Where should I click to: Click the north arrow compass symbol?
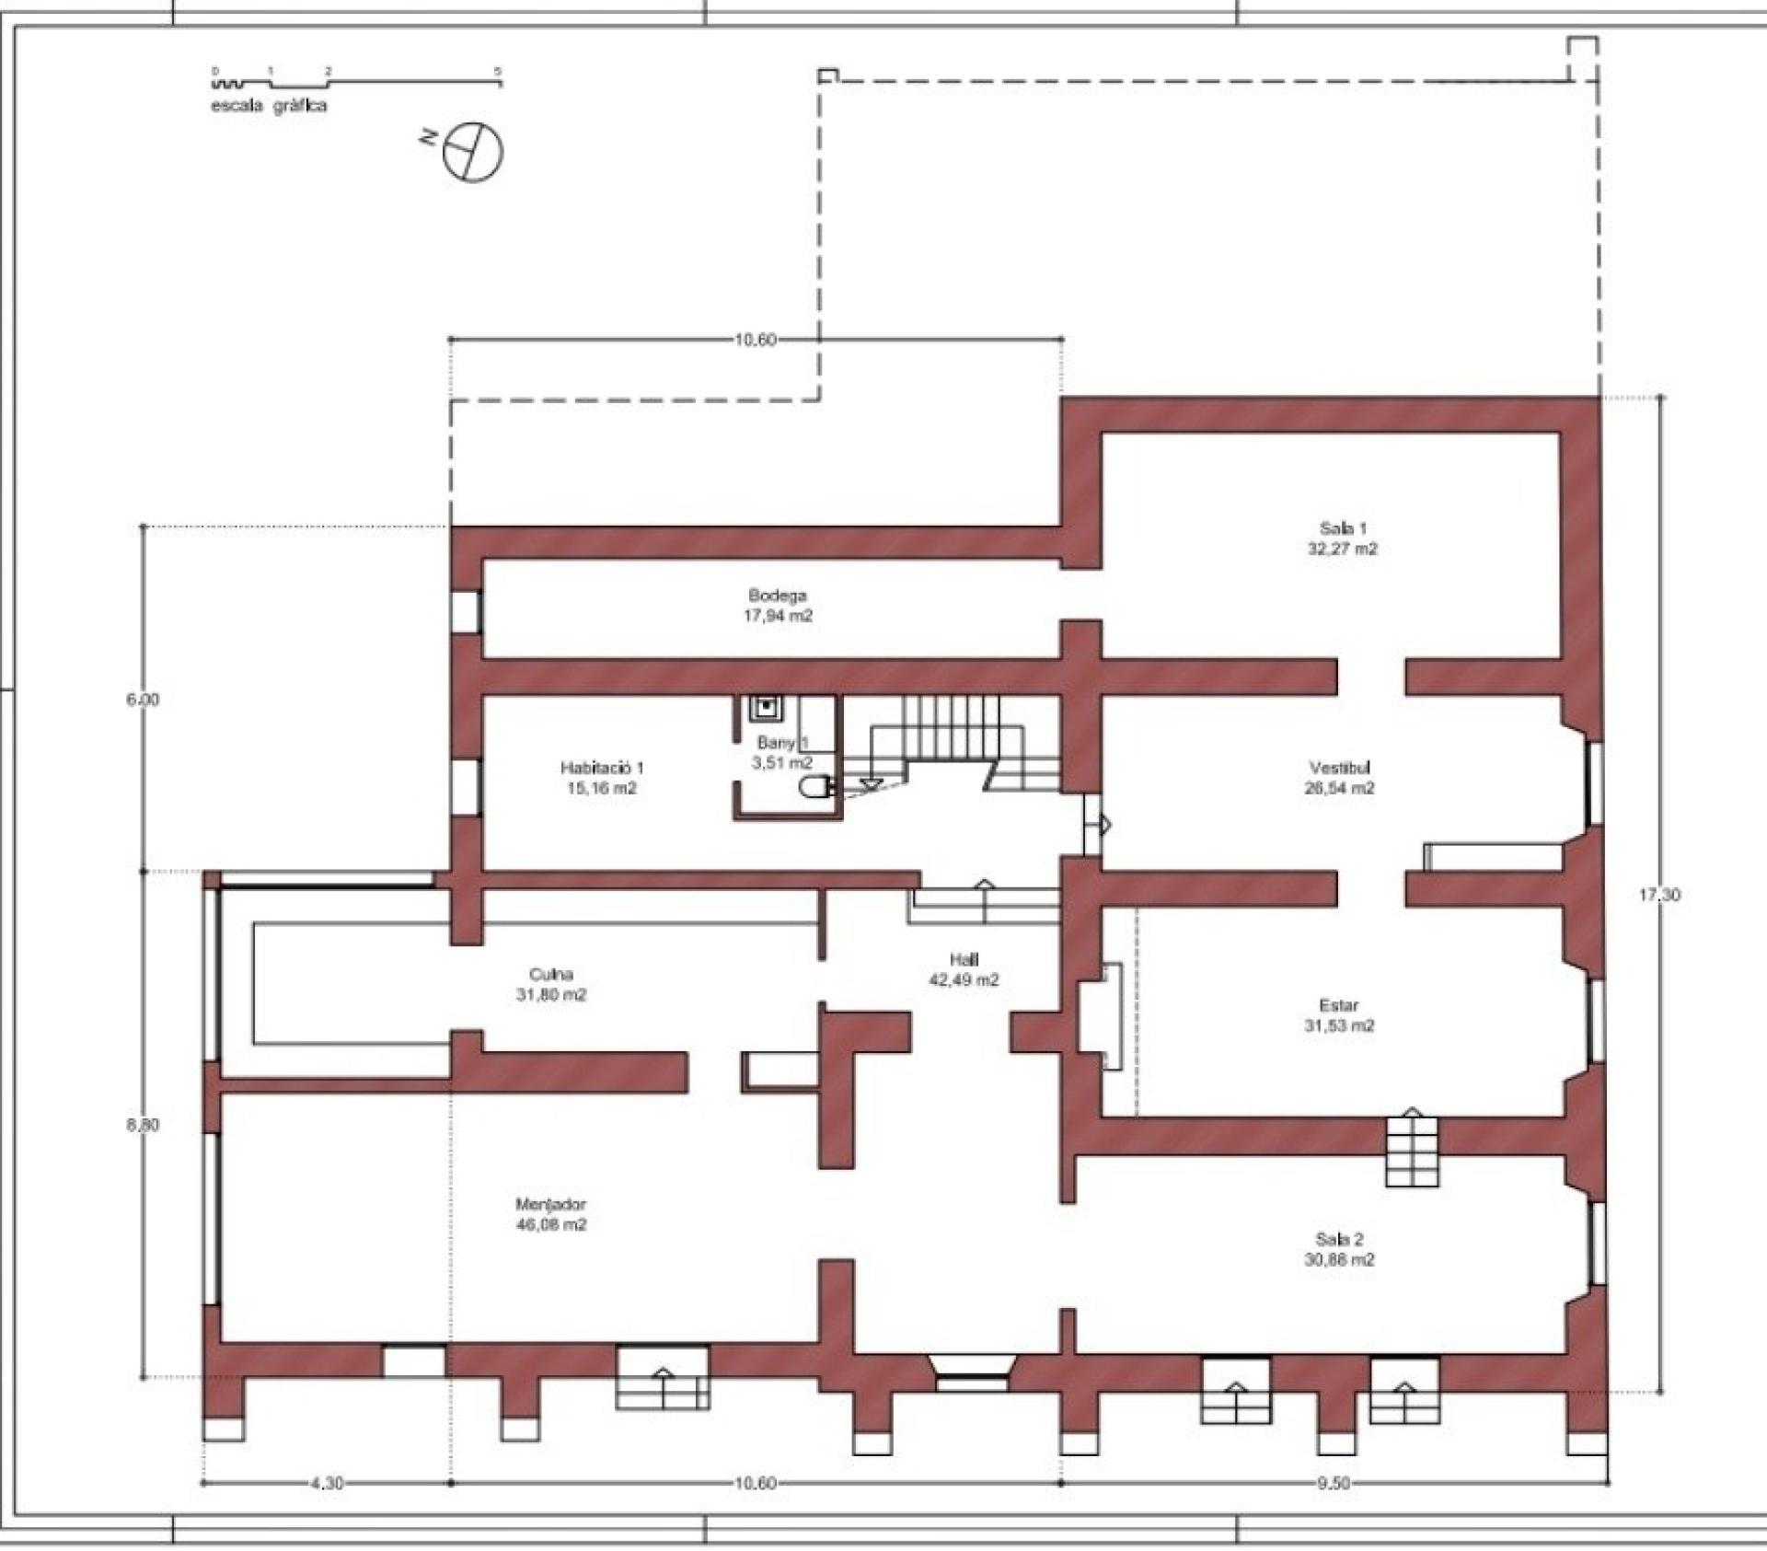point(472,152)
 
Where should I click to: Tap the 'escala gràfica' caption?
point(269,106)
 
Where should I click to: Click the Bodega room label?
point(778,596)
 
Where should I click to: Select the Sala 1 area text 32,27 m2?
point(1343,549)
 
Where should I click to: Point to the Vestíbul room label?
point(1340,768)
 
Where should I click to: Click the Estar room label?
point(1339,1005)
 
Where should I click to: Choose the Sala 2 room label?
point(1339,1239)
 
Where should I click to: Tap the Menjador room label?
point(550,1204)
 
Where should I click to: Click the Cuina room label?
point(551,974)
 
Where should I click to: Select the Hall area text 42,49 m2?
point(964,980)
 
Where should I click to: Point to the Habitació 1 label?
point(602,768)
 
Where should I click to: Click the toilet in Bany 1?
point(814,786)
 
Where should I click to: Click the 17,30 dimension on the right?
point(1659,895)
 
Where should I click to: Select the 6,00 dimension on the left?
point(143,700)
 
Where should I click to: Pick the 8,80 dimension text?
point(143,1125)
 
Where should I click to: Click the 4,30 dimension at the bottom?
point(328,1483)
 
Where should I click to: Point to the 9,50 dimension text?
point(1334,1483)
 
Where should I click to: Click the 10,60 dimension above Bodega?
point(755,340)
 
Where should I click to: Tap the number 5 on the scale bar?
point(498,71)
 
